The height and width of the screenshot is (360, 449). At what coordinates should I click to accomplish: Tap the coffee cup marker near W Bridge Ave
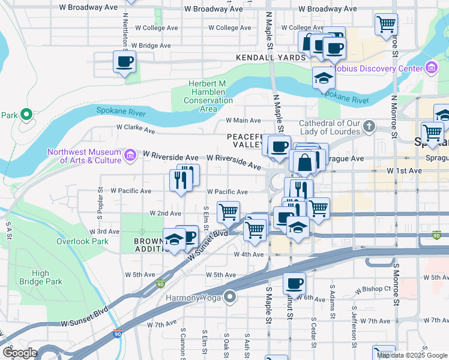click(x=124, y=61)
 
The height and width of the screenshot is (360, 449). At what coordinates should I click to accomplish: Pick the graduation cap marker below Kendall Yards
click(x=324, y=78)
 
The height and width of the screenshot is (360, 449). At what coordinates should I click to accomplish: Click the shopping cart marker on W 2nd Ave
click(x=228, y=211)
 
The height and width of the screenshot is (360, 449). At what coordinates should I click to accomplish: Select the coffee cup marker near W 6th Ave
click(x=294, y=283)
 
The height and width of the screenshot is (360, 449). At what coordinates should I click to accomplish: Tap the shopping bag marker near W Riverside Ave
click(x=305, y=161)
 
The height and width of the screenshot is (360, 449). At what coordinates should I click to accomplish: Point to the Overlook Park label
click(x=82, y=242)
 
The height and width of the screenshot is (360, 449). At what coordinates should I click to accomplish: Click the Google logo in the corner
click(x=20, y=352)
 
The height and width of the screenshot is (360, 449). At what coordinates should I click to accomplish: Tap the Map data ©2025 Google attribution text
click(x=412, y=355)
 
